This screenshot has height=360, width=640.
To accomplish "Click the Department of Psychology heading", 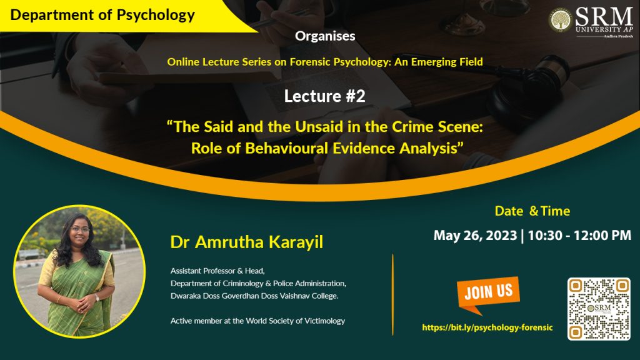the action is click(x=102, y=15).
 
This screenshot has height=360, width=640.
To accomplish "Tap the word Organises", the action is click(x=325, y=36).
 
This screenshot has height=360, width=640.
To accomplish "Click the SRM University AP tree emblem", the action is click(x=559, y=20).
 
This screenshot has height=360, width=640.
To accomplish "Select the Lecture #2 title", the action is click(x=325, y=96).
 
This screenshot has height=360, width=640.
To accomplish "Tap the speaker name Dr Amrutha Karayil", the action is click(x=246, y=242).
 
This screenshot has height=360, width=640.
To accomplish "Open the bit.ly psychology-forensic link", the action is click(x=487, y=327).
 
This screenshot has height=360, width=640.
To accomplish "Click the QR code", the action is click(x=599, y=309).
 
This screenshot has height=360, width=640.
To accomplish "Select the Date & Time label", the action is click(x=532, y=211).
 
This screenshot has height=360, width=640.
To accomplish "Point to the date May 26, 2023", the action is click(x=475, y=236).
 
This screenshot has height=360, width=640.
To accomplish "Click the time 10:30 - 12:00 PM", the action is click(x=579, y=236).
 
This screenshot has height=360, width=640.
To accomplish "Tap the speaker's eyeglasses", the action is click(x=79, y=230).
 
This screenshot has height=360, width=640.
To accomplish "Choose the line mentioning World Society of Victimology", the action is click(x=257, y=321).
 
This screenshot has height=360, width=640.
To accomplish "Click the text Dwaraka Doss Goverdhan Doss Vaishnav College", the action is click(x=254, y=296).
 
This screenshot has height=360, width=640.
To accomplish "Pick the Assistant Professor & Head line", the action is click(x=217, y=271).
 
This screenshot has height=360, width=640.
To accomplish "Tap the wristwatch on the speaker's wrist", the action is click(x=97, y=297).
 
